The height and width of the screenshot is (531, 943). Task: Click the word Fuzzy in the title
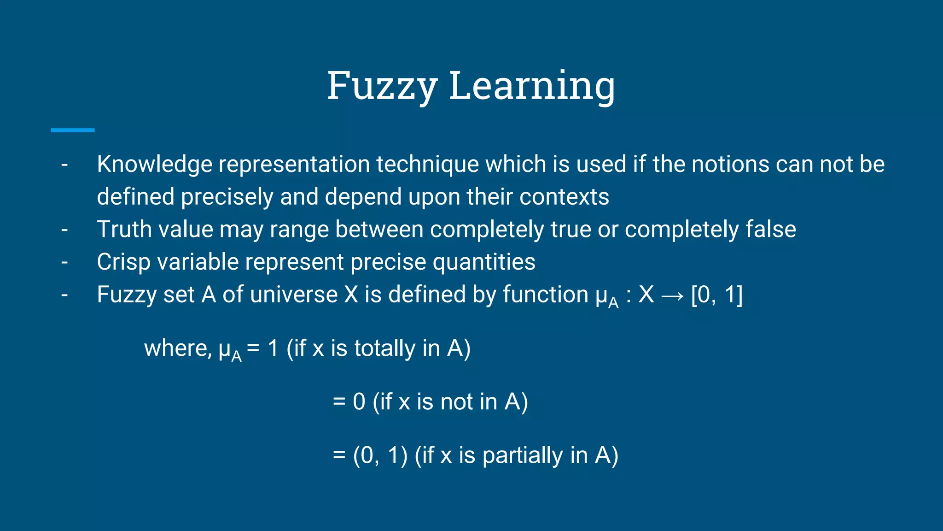point(382,86)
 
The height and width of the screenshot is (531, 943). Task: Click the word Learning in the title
point(532,86)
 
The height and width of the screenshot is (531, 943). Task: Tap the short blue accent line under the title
point(72,130)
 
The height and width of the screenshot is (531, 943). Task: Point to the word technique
point(428,165)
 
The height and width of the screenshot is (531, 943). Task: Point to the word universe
point(294,295)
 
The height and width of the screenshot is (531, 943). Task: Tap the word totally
point(385,348)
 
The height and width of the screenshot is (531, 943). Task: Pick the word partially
point(523,456)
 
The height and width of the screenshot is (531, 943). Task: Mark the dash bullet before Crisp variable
point(64,262)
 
